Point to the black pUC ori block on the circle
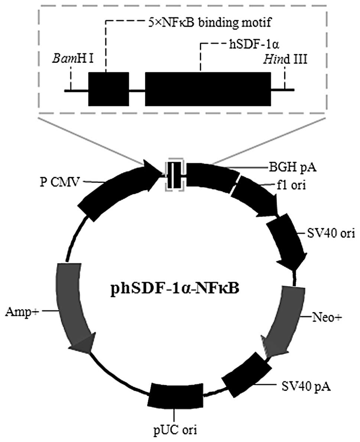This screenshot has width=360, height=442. (177, 396)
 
